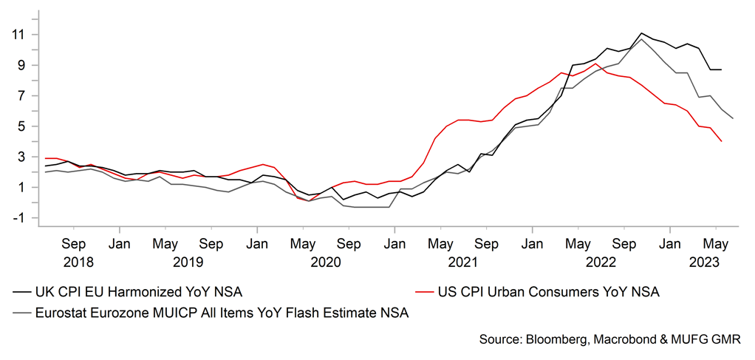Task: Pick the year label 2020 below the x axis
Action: point(325,262)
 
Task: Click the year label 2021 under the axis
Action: point(462,262)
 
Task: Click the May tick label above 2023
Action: point(716,242)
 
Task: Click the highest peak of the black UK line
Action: point(641,33)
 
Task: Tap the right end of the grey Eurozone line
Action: point(733,118)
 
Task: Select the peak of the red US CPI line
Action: point(596,64)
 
